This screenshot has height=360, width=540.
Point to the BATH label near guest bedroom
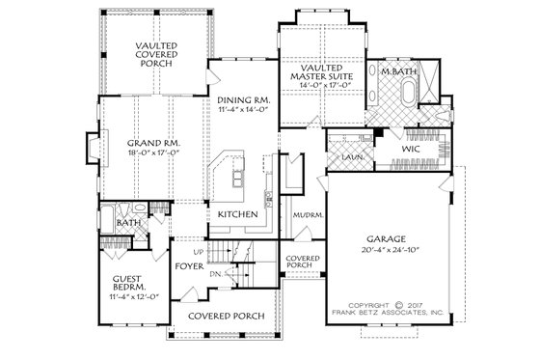[x=127, y=224]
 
